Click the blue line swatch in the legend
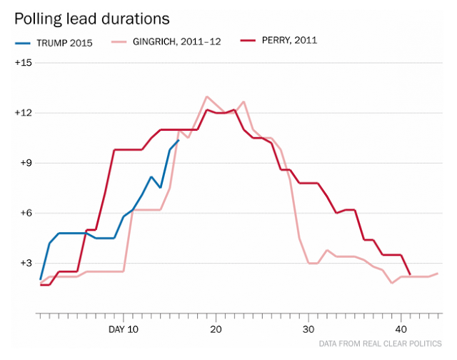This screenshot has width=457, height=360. coord(28,42)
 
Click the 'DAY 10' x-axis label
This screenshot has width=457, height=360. coord(123,329)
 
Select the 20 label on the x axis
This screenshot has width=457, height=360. coord(216,329)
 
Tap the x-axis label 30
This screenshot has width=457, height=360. coord(308,329)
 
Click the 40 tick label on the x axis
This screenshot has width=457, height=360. coord(401,329)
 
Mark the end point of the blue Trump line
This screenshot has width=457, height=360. coord(179,141)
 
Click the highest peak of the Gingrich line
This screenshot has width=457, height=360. coord(206,96)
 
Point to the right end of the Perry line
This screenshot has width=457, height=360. coord(410,274)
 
